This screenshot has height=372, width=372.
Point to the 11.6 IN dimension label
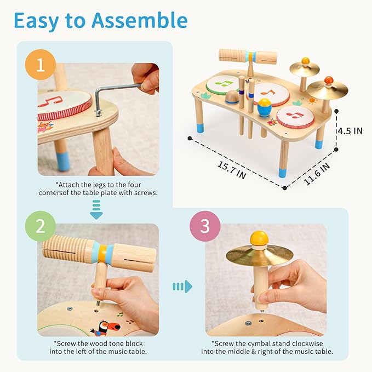317,173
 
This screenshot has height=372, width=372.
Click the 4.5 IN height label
350,131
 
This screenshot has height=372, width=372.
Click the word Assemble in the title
140,20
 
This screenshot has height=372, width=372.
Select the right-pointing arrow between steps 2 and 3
182,286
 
